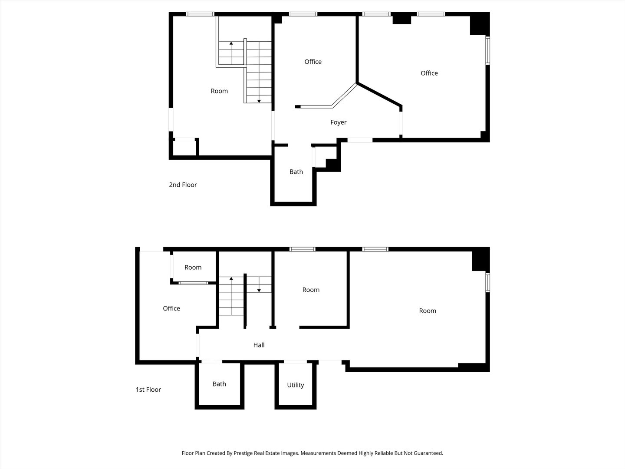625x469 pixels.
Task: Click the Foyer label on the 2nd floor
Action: click(x=338, y=122)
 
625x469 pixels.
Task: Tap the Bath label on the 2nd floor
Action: click(x=296, y=172)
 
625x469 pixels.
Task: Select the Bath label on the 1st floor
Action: click(x=219, y=384)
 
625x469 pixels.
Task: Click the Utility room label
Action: click(x=295, y=385)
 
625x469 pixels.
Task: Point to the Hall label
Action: click(x=259, y=345)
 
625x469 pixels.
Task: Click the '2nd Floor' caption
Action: click(x=183, y=185)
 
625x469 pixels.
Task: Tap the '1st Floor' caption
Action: click(x=148, y=390)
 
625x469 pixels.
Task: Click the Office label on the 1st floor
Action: click(x=171, y=309)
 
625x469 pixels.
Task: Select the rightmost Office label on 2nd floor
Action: click(x=429, y=73)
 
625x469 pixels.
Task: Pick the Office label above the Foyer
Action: click(x=312, y=62)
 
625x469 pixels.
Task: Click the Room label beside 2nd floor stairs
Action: click(x=219, y=91)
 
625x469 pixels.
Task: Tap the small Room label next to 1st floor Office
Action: click(x=193, y=268)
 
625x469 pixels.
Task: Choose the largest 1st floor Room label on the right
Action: click(x=427, y=311)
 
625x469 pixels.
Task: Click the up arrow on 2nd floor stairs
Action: click(x=231, y=43)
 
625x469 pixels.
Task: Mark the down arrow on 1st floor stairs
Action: click(x=259, y=290)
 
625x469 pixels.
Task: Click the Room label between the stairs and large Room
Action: click(x=311, y=290)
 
